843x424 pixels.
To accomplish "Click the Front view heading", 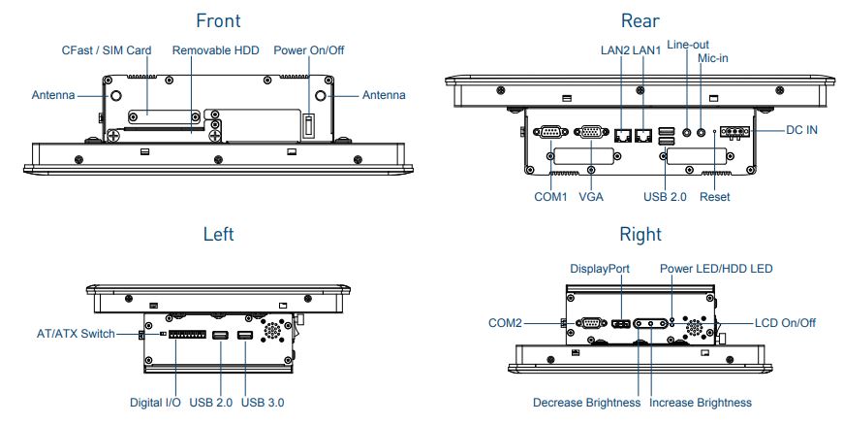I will tap(217, 20).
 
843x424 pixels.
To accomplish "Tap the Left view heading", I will tap(218, 234).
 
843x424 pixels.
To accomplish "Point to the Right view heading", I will tap(640, 234).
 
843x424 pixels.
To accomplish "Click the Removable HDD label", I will tap(215, 49).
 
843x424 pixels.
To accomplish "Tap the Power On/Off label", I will tap(309, 49).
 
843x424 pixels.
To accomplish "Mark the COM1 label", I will tap(549, 197).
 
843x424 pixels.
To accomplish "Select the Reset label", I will tap(714, 197).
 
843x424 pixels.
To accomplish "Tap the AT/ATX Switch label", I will tap(70, 334).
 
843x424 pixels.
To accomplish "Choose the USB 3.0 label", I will tap(263, 402).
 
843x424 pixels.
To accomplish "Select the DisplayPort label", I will tap(601, 268).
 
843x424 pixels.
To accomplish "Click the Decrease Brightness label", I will tap(586, 402).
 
